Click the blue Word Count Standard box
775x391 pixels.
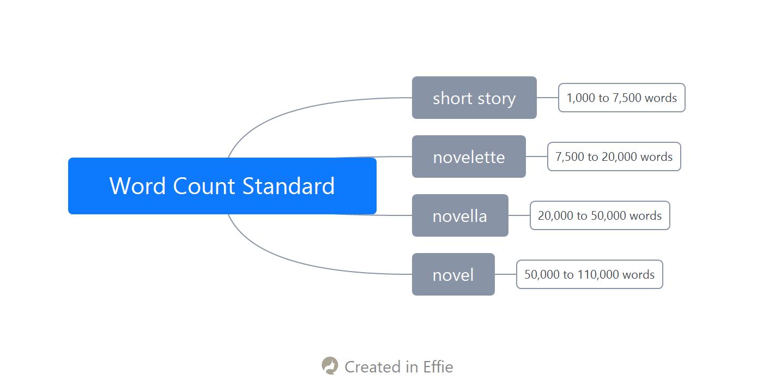pos(222,186)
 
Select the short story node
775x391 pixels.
pos(474,98)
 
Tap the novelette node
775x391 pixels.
pos(469,157)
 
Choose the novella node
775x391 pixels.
pos(460,215)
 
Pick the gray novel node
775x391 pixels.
pos(453,274)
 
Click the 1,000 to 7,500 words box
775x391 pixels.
pos(622,98)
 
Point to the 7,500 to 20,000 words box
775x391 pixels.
pos(614,157)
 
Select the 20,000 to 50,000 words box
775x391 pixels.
pos(600,215)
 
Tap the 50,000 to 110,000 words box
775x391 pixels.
pos(590,274)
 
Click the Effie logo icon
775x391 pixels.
pos(330,366)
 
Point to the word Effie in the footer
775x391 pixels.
pos(438,367)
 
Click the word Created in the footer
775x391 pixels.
pos(372,367)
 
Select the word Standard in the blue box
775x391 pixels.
pos(288,186)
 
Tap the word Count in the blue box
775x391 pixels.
pos(204,186)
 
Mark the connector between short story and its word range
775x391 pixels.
pos(547,98)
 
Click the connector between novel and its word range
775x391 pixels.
pos(505,274)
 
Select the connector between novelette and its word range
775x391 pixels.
pos(537,157)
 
